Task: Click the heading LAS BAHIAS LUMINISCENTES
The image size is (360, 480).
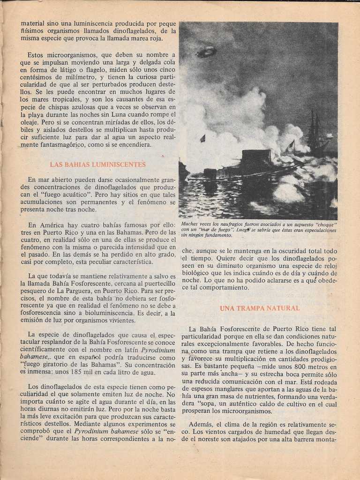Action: tap(97, 165)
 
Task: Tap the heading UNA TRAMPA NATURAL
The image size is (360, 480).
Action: tap(260, 308)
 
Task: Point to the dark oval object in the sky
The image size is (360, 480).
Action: tap(206, 52)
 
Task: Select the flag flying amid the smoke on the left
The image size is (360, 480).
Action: tap(202, 138)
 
